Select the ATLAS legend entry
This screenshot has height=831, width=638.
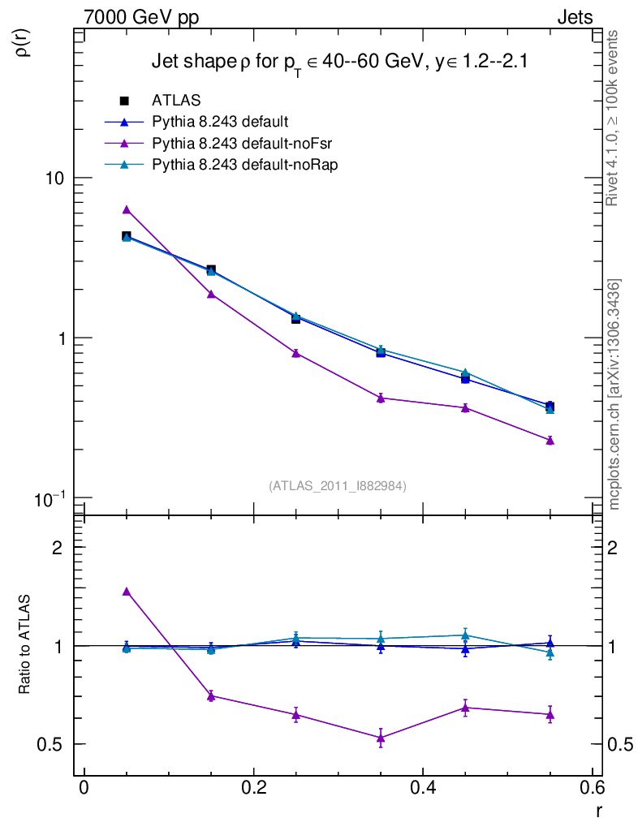tap(176, 101)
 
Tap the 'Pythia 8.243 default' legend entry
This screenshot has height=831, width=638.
tap(220, 122)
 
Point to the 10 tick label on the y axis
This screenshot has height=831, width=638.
tap(56, 179)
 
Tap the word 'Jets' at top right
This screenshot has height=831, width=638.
tap(574, 17)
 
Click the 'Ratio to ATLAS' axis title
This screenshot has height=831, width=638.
tap(25, 645)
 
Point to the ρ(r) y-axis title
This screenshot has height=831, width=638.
tap(24, 41)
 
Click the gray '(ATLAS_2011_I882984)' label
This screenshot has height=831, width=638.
tap(338, 485)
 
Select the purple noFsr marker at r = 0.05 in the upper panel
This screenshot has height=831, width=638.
tap(126, 209)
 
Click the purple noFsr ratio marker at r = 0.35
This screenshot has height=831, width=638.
tap(381, 738)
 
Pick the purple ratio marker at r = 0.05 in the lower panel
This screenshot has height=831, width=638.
tap(126, 592)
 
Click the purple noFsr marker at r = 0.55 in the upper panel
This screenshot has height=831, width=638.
tap(550, 441)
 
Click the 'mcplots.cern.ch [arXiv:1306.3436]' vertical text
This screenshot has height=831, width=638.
tap(614, 394)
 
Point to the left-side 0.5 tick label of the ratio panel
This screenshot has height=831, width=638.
tap(55, 744)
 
